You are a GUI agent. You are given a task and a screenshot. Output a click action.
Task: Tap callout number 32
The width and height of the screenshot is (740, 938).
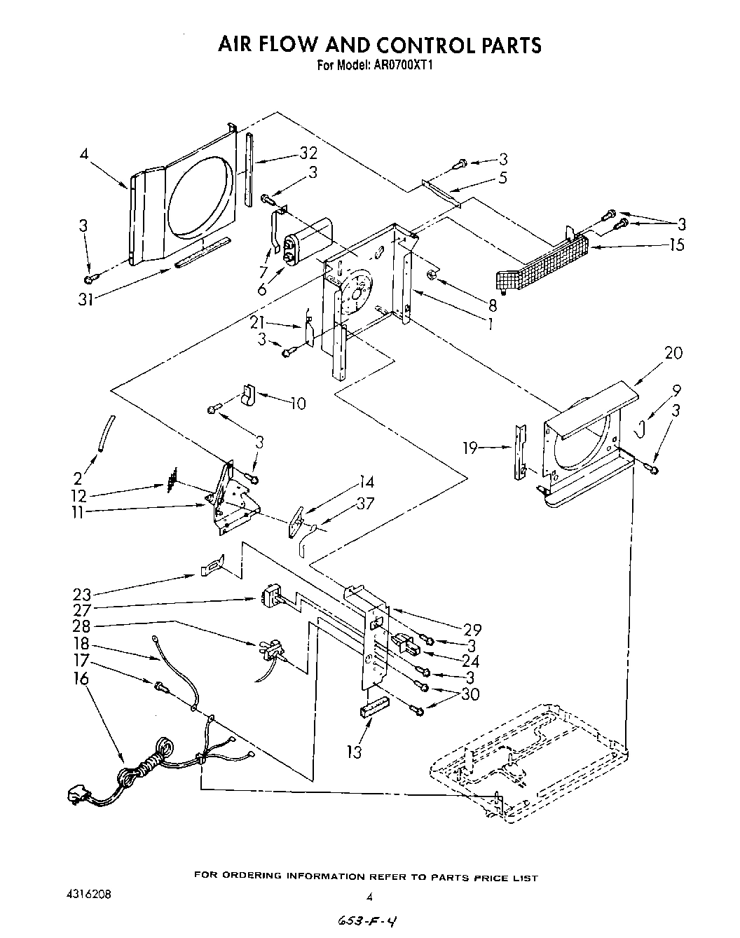(x=308, y=153)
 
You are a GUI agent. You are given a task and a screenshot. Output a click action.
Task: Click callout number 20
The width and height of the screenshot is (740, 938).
(x=673, y=353)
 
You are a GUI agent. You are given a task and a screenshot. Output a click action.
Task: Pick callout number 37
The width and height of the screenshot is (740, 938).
(x=365, y=502)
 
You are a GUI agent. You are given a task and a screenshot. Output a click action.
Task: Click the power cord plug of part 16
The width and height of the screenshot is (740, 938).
(x=76, y=794)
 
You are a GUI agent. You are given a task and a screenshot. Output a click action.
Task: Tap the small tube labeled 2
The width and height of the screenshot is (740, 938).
(x=106, y=434)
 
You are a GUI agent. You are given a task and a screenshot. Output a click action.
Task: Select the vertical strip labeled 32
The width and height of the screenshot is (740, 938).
(x=249, y=167)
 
